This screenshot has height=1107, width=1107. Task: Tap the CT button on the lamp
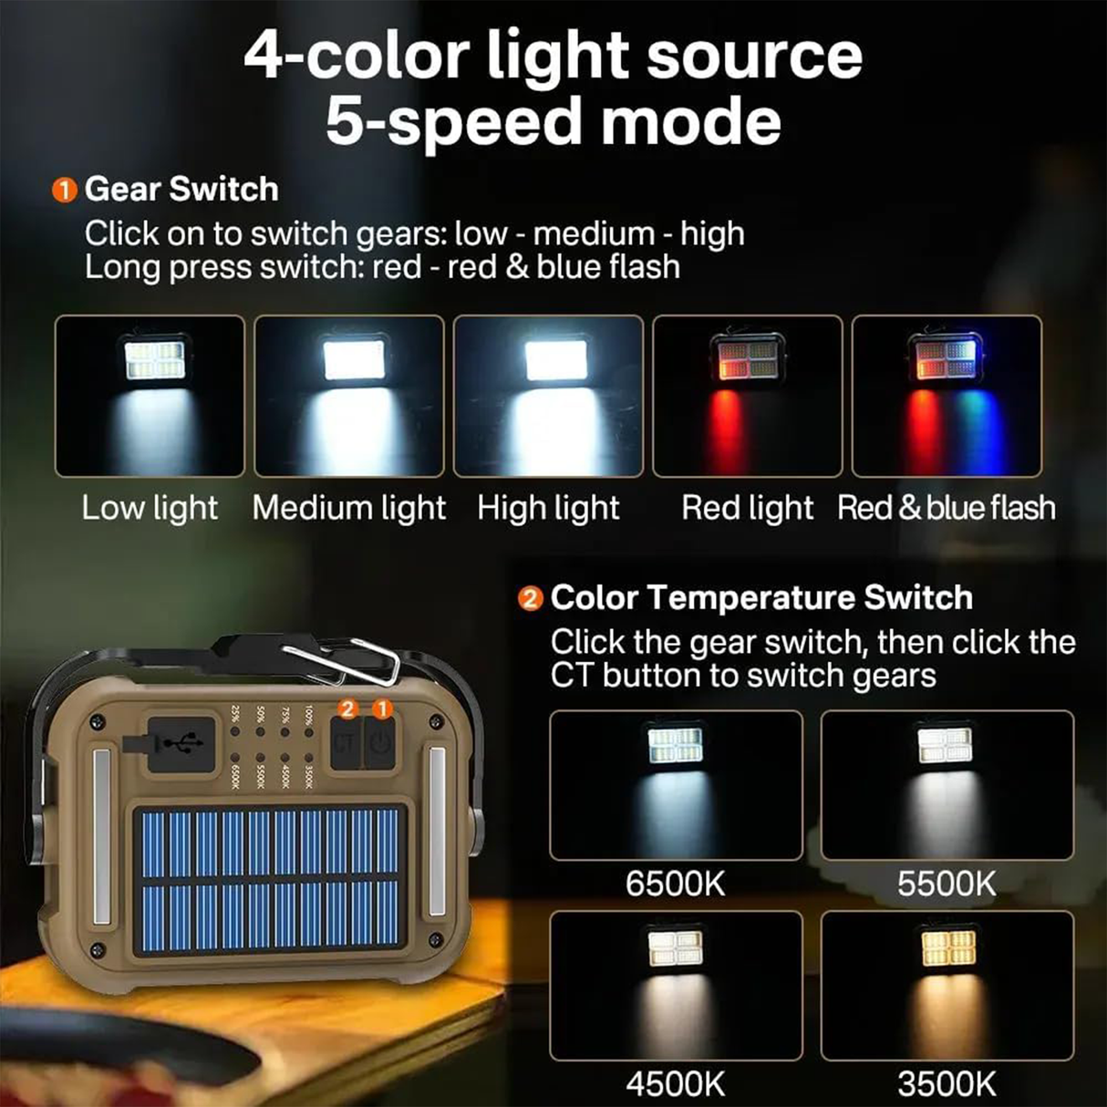click(x=344, y=743)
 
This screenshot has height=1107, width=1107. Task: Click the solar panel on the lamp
click(x=271, y=880)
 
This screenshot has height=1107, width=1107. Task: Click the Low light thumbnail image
click(x=150, y=396)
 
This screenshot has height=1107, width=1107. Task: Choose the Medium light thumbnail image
click(x=349, y=396)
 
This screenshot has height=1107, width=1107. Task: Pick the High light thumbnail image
click(x=548, y=396)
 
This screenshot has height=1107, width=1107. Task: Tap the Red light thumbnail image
click(x=748, y=396)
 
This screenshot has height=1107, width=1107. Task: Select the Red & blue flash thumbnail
click(x=947, y=396)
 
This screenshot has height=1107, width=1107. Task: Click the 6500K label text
click(x=675, y=884)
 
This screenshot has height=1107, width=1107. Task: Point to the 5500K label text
click(x=947, y=884)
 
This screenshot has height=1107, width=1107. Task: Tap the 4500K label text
click(x=675, y=1084)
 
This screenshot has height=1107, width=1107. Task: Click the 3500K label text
click(x=947, y=1084)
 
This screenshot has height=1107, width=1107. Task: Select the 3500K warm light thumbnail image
click(x=947, y=986)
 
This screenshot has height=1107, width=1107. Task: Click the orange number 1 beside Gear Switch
click(x=64, y=191)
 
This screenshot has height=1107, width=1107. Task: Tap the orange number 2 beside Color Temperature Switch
click(x=530, y=599)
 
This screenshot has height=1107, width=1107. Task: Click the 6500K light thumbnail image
click(x=676, y=785)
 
